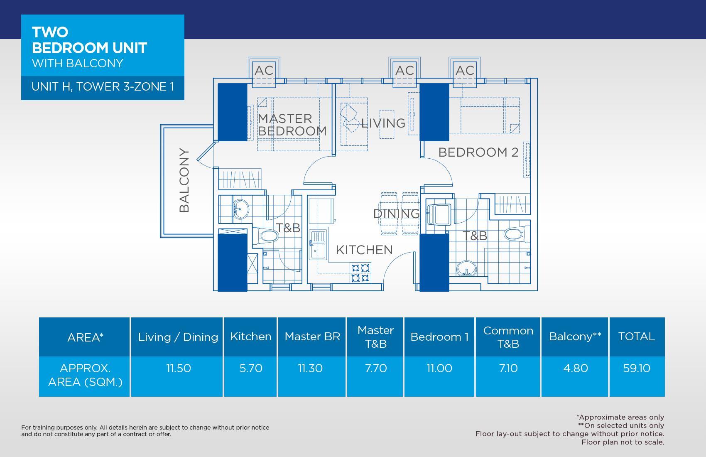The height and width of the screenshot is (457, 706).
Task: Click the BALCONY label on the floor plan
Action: point(184,180)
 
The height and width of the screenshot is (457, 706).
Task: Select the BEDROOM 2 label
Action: point(478,152)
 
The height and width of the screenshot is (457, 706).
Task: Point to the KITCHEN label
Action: point(364,250)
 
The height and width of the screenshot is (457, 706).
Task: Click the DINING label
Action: point(397,214)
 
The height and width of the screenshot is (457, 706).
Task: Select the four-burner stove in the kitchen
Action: point(360,273)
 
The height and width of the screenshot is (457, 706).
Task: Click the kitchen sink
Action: point(318,245)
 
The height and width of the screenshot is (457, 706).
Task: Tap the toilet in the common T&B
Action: point(516,234)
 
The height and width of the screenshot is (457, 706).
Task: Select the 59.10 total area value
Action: point(637,368)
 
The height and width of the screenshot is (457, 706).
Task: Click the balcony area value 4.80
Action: point(576,368)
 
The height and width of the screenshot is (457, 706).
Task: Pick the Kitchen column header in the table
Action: point(251,337)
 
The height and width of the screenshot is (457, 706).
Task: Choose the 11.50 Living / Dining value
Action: point(179,368)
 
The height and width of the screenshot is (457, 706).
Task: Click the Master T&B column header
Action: point(376,337)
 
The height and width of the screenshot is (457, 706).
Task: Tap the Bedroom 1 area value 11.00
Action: point(439,368)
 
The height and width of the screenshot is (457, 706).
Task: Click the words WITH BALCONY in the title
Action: point(78,64)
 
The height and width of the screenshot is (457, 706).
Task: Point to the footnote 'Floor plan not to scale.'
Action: point(623,442)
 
